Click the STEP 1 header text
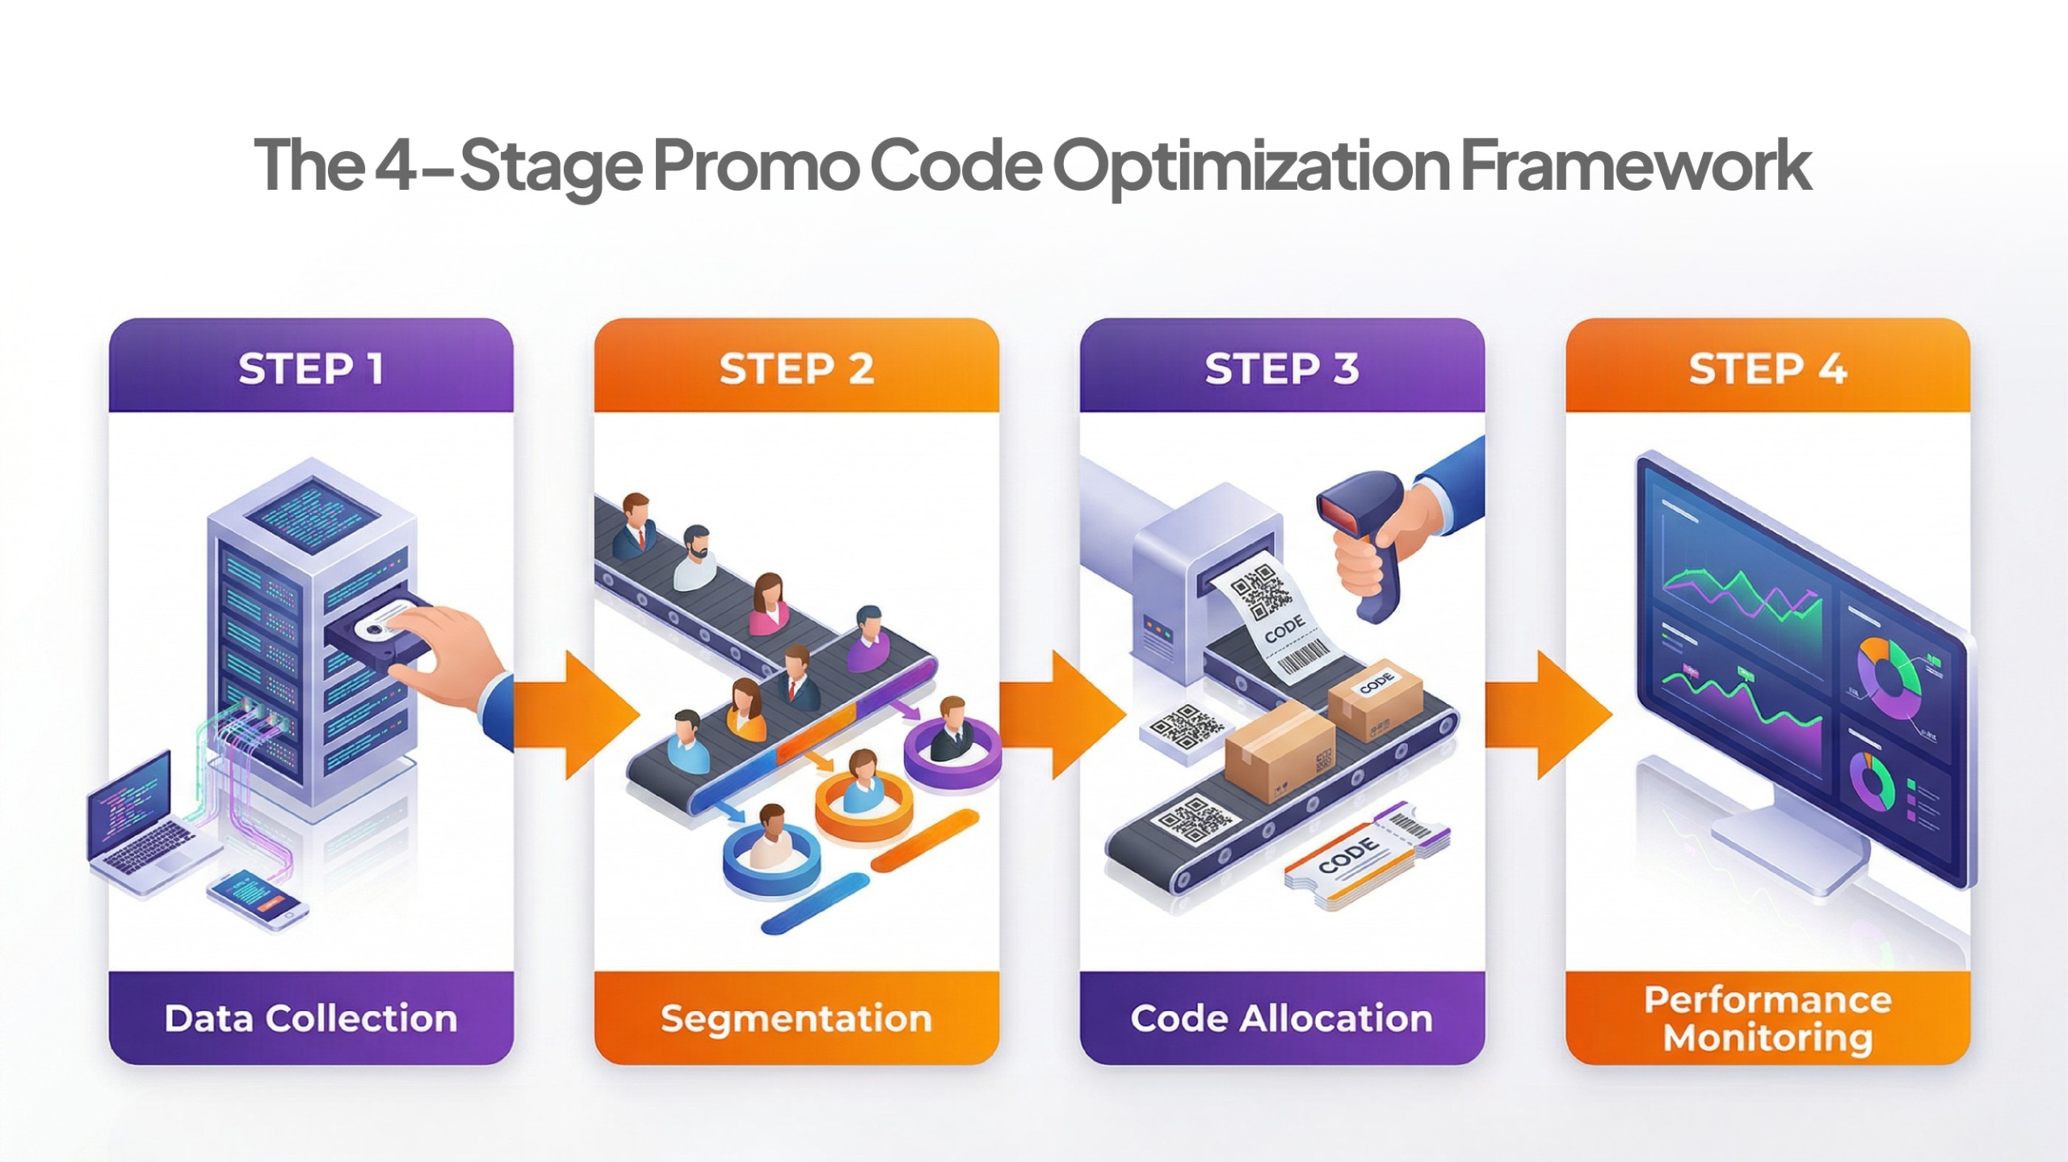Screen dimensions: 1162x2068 [311, 369]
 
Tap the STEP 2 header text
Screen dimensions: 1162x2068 [797, 369]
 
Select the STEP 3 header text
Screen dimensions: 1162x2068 [1282, 369]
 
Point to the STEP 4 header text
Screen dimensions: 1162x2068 [1767, 369]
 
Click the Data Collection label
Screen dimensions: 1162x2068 [311, 1018]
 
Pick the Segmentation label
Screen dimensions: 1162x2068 [797, 1018]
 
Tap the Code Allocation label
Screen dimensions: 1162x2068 [1282, 1018]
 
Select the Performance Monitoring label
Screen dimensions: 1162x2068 [1767, 1018]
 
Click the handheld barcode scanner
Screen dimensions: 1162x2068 [1365, 541]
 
